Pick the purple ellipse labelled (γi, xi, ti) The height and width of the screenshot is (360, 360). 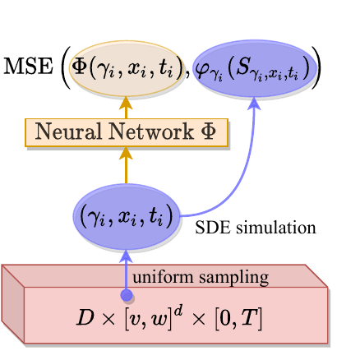[x=126, y=217]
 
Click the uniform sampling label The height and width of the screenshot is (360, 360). [x=200, y=277]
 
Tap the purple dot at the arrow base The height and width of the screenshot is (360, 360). [x=126, y=294]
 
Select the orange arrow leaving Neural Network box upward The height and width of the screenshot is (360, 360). [x=126, y=107]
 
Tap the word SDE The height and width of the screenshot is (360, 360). [x=210, y=226]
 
